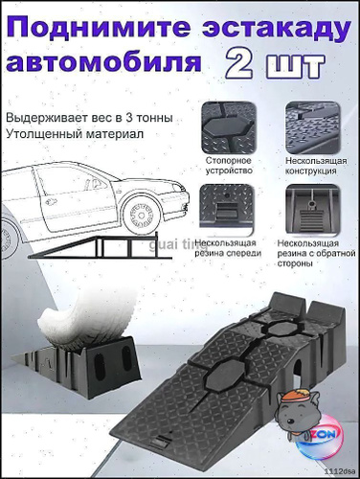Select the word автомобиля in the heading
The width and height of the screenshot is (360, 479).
tap(103, 62)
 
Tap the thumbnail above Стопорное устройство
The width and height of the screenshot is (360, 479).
tap(229, 127)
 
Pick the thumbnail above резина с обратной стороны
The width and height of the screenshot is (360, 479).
tap(313, 210)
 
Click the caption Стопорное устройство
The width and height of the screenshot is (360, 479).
tap(229, 166)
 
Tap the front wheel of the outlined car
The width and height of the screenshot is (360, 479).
tap(143, 215)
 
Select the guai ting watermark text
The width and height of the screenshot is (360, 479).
tap(178, 246)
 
